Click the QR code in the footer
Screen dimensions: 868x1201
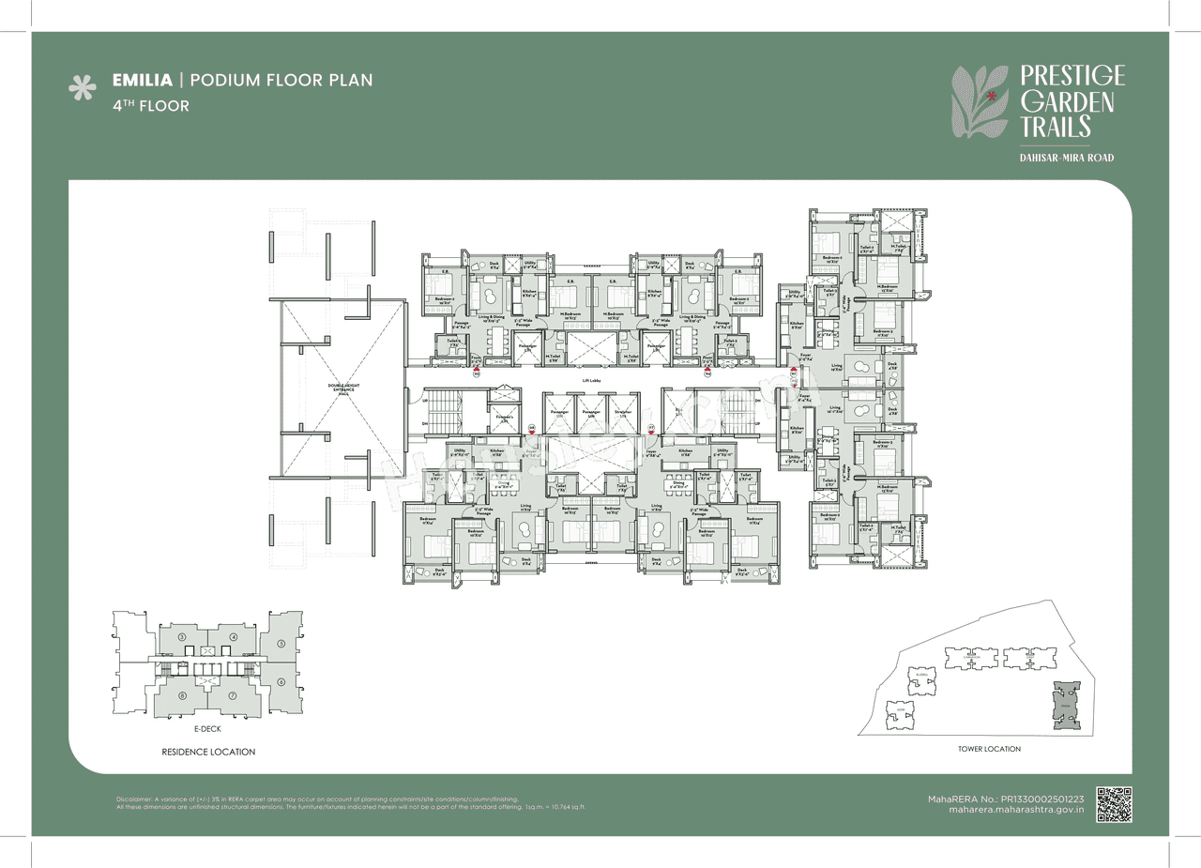(x=1114, y=804)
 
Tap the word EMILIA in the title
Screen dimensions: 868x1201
(x=140, y=81)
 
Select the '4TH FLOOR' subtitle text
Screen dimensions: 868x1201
(x=150, y=106)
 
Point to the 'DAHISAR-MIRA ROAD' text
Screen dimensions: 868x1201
(x=1067, y=158)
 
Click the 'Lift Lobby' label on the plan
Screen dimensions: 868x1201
(x=591, y=379)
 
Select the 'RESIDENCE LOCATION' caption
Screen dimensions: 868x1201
(x=207, y=752)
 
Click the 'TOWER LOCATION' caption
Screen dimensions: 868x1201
(x=989, y=749)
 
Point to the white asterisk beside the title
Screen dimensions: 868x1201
(x=84, y=88)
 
